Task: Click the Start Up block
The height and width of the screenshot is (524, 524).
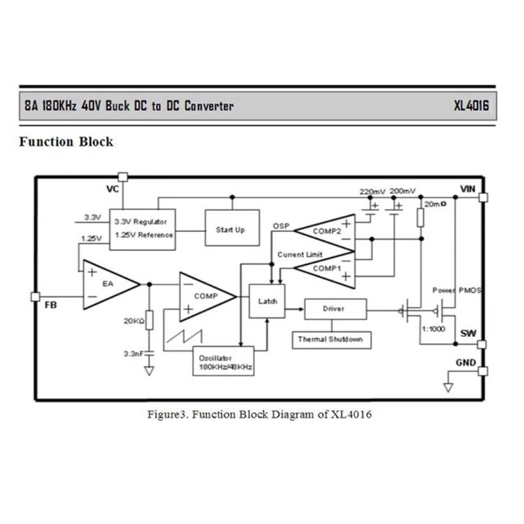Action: [x=230, y=230]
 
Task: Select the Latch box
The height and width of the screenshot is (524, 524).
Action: [x=268, y=301]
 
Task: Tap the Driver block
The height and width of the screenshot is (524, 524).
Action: [x=334, y=308]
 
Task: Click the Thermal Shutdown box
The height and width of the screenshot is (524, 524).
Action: [x=330, y=339]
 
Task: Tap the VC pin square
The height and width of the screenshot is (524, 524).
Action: [x=122, y=177]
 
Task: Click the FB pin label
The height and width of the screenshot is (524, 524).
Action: [x=50, y=305]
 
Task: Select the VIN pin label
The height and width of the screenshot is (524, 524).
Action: [x=468, y=189]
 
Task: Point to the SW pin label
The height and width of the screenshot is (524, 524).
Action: [x=468, y=333]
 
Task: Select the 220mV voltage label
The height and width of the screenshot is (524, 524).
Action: [x=372, y=191]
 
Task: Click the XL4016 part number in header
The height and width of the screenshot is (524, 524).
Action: [x=471, y=106]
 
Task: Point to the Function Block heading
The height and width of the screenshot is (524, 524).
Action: [x=66, y=141]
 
